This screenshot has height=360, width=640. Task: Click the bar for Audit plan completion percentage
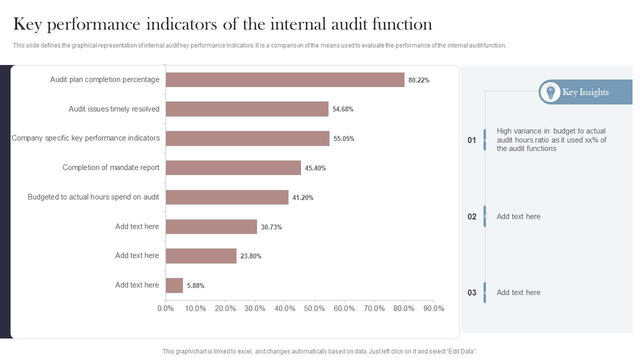(x=285, y=80)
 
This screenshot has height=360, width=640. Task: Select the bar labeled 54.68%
(x=247, y=109)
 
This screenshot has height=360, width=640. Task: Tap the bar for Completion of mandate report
(x=233, y=168)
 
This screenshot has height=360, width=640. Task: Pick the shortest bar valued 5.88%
(x=174, y=285)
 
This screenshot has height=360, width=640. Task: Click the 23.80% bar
(x=201, y=256)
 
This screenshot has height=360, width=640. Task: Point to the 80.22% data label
(x=418, y=80)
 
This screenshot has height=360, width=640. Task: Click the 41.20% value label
(x=302, y=197)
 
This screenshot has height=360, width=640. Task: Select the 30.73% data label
(x=271, y=227)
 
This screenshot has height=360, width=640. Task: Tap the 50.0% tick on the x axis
(x=314, y=308)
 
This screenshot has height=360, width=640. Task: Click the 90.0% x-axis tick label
(x=433, y=308)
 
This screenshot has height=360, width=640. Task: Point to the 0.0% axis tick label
(x=165, y=308)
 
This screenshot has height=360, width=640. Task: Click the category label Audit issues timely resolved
(x=114, y=109)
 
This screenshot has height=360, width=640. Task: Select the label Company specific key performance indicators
(x=85, y=138)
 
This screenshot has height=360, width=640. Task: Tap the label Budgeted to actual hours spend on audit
(x=93, y=197)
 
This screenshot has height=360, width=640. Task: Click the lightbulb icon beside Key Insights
(x=550, y=92)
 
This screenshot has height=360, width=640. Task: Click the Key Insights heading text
(x=585, y=92)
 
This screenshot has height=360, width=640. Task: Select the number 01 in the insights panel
(x=471, y=140)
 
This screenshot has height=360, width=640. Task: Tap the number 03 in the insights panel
(x=471, y=292)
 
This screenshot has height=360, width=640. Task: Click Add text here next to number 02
(x=518, y=216)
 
